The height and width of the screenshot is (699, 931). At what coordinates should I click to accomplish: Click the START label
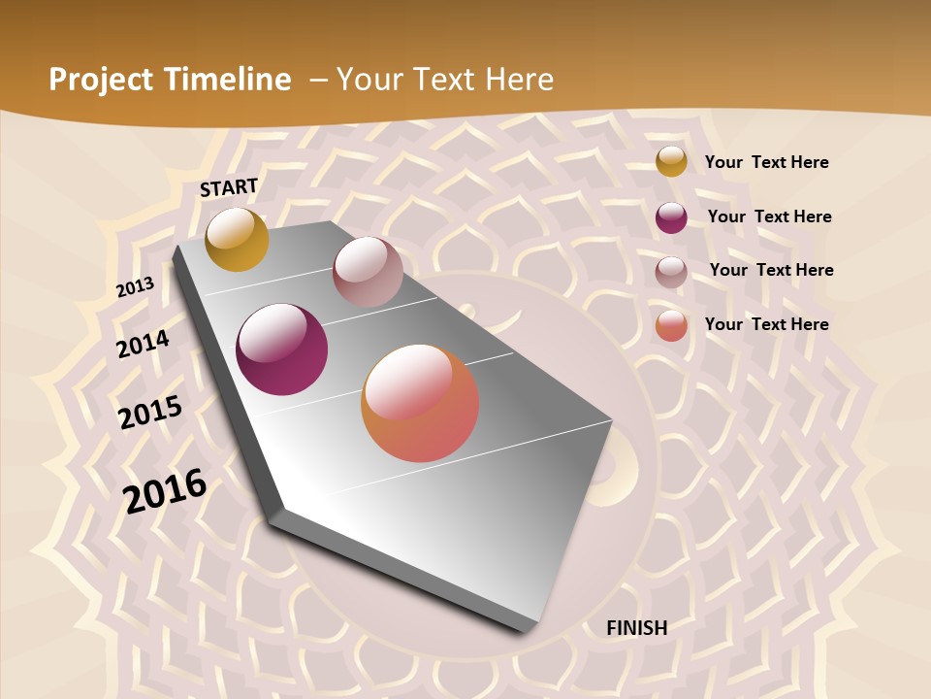229,187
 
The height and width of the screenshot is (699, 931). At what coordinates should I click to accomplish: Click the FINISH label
636,628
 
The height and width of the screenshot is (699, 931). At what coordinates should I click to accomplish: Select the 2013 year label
135,287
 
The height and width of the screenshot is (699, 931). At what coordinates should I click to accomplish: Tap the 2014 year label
144,344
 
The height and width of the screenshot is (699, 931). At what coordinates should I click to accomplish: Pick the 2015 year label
150,412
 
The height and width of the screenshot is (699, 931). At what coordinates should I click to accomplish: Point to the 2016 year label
165,490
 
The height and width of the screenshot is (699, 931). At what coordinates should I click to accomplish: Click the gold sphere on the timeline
237,239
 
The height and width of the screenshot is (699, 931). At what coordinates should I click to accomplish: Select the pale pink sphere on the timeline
368,272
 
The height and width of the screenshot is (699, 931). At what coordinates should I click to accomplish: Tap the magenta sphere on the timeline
282,349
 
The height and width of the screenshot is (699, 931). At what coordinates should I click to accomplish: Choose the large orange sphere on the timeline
420,403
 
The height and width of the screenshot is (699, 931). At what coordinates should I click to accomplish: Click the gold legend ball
671,161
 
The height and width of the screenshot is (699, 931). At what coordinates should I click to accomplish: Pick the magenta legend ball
671,217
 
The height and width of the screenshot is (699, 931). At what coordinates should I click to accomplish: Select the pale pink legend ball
671,272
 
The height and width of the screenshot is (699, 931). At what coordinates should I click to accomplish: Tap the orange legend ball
671,326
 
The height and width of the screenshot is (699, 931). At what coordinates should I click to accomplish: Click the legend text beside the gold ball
766,162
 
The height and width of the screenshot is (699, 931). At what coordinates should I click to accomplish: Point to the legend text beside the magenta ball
769,216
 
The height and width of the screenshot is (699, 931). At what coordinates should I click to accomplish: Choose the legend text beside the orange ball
766,324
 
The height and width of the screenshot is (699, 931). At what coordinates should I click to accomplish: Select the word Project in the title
100,80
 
